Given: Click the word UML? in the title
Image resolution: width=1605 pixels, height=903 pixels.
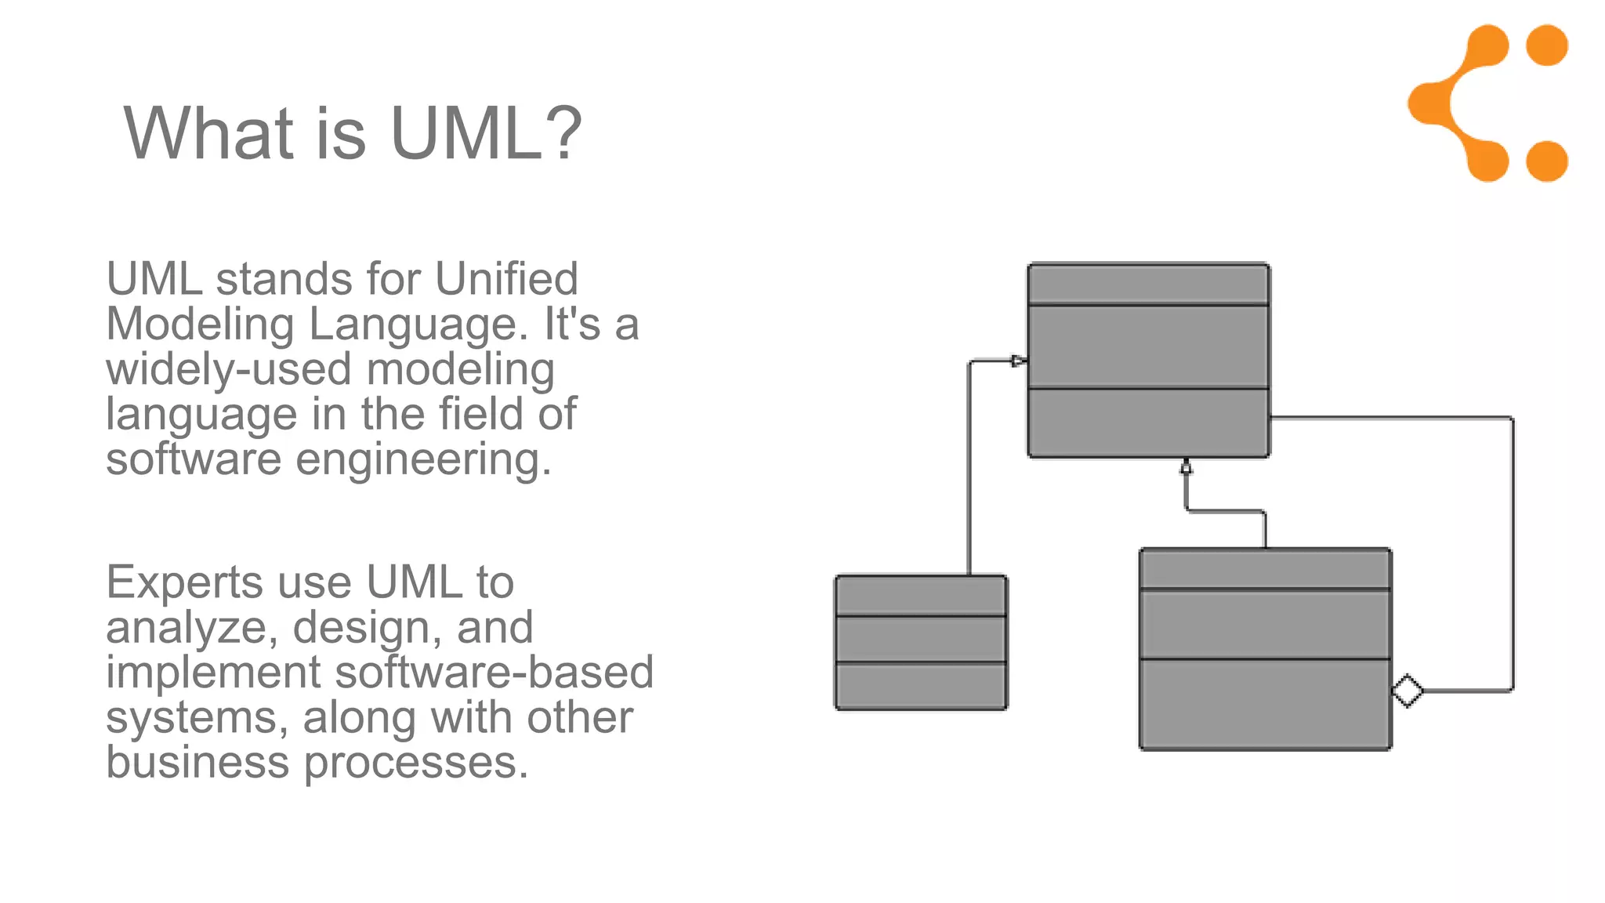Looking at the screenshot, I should point(486,133).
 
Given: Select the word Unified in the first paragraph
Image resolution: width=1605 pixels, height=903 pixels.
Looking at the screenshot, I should point(506,279).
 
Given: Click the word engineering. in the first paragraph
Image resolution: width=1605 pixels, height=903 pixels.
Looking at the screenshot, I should point(423,460).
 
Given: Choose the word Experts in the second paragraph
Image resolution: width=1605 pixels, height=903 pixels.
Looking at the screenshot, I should point(185,582).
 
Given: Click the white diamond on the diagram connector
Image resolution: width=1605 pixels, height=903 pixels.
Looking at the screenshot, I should point(1408,691).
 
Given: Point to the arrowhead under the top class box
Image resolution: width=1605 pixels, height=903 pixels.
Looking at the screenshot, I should point(1186,467).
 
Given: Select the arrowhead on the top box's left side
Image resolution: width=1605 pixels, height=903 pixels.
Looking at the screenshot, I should point(1019,361).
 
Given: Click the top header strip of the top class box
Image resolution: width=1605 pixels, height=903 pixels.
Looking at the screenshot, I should point(1148,284).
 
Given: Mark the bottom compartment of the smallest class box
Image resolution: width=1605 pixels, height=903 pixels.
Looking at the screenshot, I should point(921,686).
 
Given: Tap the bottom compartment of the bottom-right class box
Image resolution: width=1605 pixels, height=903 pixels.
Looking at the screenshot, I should point(1265,704).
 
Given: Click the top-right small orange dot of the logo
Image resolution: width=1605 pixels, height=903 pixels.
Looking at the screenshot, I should point(1547,45).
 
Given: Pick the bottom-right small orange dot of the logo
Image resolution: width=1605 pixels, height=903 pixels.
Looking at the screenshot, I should point(1547,161).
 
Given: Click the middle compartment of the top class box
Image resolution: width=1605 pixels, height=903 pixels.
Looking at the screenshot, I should point(1148,346).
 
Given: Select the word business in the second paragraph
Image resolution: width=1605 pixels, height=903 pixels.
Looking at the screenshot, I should point(197,763).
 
